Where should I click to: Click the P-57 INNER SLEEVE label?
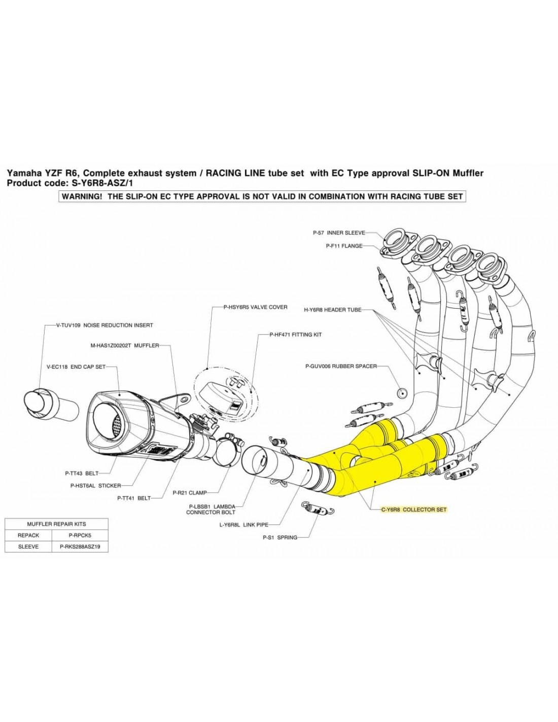pyautogui.click(x=338, y=233)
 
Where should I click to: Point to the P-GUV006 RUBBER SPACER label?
pyautogui.click(x=341, y=366)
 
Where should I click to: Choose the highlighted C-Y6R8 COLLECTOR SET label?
pyautogui.click(x=414, y=509)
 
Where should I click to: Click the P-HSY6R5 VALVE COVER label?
pyautogui.click(x=255, y=307)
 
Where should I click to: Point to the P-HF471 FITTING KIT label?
pyautogui.click(x=296, y=335)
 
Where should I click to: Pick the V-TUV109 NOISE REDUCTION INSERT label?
pyautogui.click(x=104, y=325)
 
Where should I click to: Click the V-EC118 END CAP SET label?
pyautogui.click(x=76, y=367)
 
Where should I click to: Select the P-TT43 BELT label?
pyautogui.click(x=82, y=473)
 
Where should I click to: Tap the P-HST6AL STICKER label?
pyautogui.click(x=95, y=485)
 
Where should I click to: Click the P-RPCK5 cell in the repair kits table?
pyautogui.click(x=80, y=535)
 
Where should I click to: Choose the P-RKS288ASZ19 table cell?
pyautogui.click(x=80, y=547)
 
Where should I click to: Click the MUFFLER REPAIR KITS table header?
pyautogui.click(x=56, y=523)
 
